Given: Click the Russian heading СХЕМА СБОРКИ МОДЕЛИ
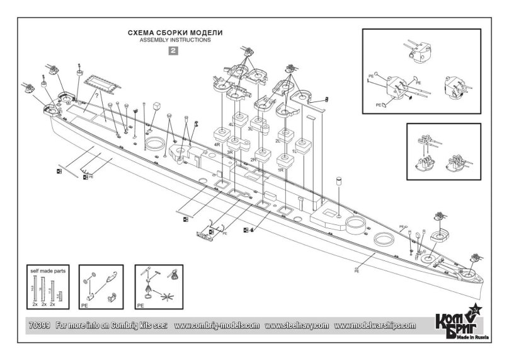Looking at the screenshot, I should tap(174, 31).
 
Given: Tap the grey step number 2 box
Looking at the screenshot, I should tap(174, 52).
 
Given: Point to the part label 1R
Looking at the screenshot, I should tap(280, 170).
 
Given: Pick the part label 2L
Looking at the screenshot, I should tap(278, 142).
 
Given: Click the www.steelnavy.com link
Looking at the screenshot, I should tap(297, 326).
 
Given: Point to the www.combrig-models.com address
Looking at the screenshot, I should tap(216, 326).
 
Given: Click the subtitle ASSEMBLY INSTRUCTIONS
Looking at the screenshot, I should tap(174, 39).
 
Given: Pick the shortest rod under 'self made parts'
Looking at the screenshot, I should tap(59, 294).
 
